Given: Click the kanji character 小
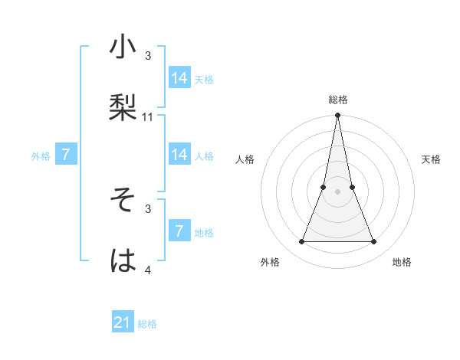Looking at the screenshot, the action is tap(123, 47).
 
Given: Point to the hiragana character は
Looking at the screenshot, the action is tap(123, 260).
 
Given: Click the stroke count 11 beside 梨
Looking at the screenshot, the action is tap(148, 117).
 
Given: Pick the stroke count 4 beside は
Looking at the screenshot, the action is tap(148, 270).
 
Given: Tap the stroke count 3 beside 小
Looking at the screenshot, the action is tap(148, 56).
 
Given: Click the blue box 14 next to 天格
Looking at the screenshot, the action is tap(179, 78).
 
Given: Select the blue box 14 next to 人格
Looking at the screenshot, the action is tap(179, 155).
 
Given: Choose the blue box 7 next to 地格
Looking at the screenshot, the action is tap(179, 231).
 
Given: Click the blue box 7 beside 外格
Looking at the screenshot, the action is tap(66, 155).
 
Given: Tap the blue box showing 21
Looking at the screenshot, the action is tap(123, 322).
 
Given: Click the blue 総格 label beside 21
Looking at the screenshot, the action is tap(147, 324).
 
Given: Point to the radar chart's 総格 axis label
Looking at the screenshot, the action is tap(338, 100).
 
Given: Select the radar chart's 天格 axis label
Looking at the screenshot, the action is tap(432, 159).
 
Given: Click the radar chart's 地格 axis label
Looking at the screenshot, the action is tap(402, 263).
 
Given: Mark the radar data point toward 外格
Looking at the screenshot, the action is tap(301, 242).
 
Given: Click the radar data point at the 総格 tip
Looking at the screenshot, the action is tap(338, 116).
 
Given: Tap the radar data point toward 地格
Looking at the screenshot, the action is tap(374, 242).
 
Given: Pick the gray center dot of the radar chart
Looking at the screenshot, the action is tap(338, 191).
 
